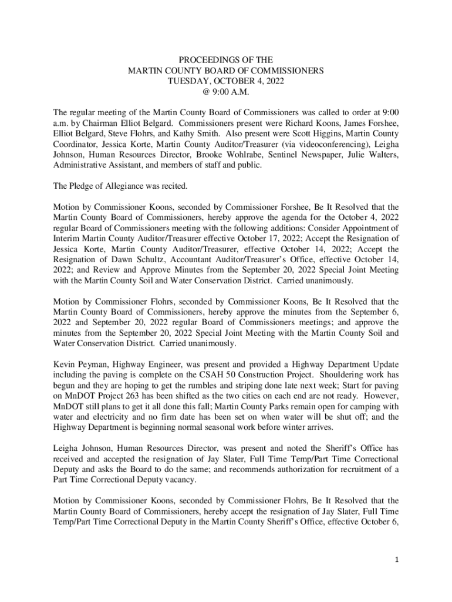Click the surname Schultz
click(149, 260)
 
